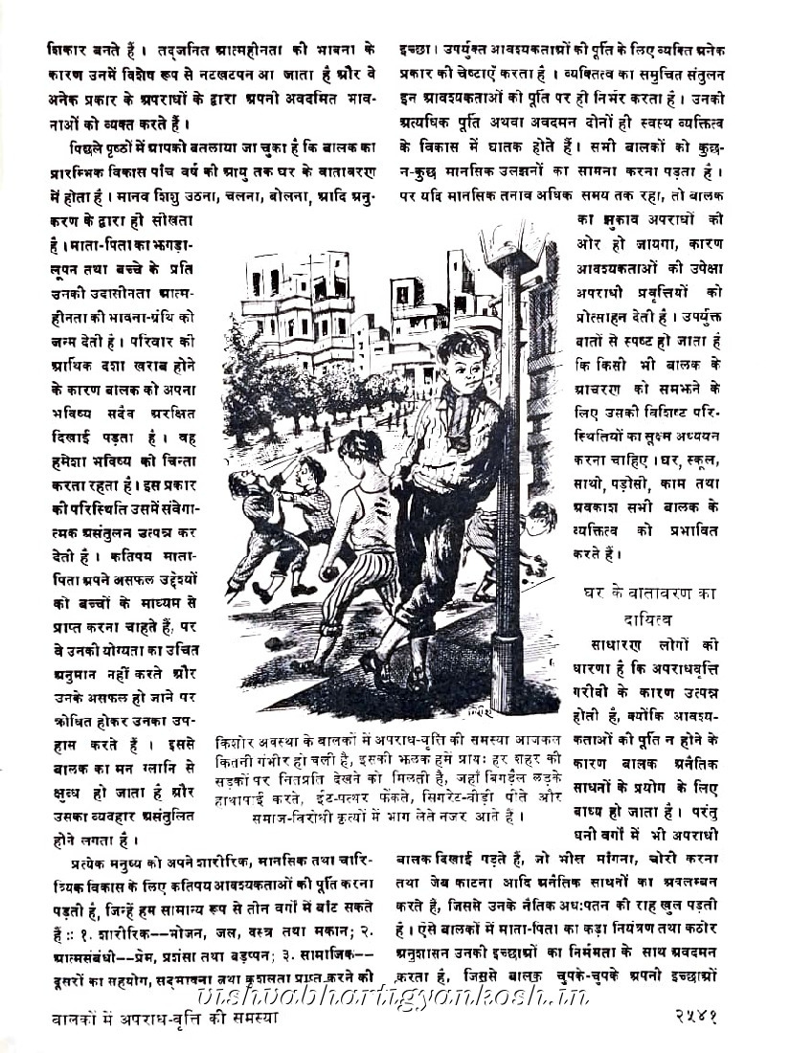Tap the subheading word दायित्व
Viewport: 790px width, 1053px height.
point(654,620)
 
